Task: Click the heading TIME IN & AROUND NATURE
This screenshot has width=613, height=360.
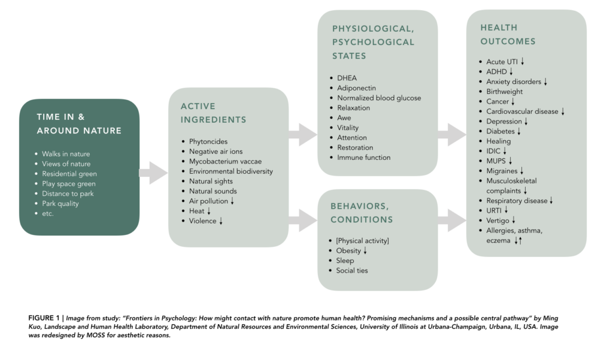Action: (x=78, y=123)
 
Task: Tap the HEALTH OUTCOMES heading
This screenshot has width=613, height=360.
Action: (x=508, y=34)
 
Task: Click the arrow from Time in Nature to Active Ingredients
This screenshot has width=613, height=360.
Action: (x=153, y=173)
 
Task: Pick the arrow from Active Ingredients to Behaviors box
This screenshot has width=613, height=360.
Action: (x=302, y=220)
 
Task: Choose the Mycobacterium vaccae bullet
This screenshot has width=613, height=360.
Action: (x=225, y=161)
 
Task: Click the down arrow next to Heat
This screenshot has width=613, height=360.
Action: (x=209, y=211)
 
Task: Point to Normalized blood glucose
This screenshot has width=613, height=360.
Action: (x=379, y=98)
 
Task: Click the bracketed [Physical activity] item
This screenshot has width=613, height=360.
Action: (x=362, y=241)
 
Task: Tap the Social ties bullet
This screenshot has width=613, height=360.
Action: (x=352, y=271)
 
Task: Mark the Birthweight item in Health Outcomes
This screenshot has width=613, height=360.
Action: (x=504, y=92)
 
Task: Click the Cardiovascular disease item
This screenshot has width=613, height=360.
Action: (x=522, y=111)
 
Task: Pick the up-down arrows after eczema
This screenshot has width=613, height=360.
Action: (x=518, y=241)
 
